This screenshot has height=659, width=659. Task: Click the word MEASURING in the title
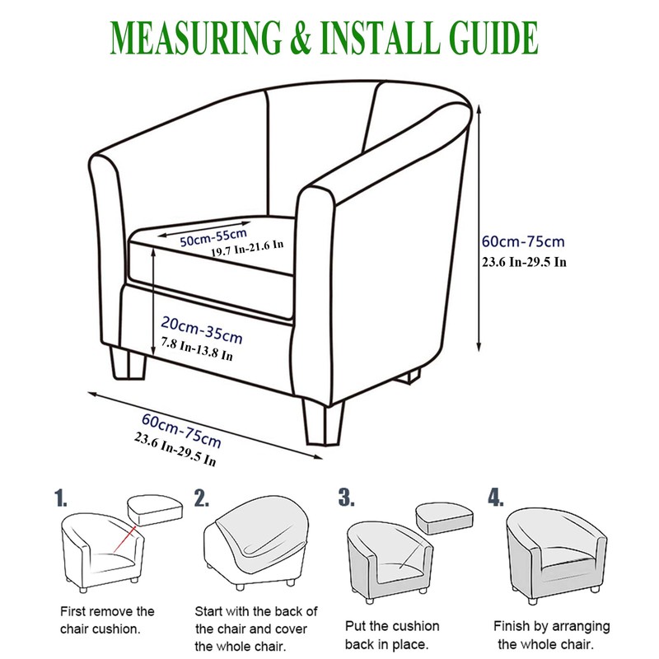[x=195, y=37]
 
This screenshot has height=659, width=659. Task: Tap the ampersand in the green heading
[x=301, y=37]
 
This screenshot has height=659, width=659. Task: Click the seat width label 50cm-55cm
[x=213, y=238]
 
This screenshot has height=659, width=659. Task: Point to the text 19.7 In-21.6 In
[x=247, y=248]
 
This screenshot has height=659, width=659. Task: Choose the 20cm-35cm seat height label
[x=202, y=329]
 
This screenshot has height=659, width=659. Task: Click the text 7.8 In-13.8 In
[x=197, y=349]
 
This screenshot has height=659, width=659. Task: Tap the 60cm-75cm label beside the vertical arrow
[x=523, y=241]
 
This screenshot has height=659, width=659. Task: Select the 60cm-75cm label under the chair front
[x=181, y=430]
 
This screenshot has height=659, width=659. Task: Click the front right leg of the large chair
[x=323, y=423]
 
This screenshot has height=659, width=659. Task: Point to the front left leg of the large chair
[x=128, y=362]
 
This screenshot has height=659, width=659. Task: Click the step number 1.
[x=60, y=498]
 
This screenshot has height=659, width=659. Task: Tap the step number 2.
[x=201, y=498]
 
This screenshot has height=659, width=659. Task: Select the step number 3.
[x=346, y=498]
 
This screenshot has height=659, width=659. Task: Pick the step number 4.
[x=496, y=498]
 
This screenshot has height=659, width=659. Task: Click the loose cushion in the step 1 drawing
[x=155, y=510]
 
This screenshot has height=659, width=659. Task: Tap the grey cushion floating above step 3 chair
[x=445, y=518]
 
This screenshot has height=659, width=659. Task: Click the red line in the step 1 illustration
[x=125, y=539]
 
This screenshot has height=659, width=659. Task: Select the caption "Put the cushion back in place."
[x=392, y=635]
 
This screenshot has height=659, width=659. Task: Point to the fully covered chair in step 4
[x=555, y=554]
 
